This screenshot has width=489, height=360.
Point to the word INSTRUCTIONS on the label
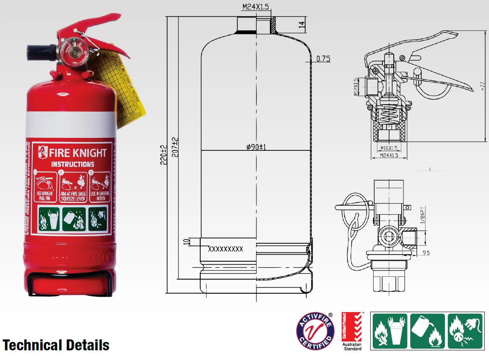(73, 164)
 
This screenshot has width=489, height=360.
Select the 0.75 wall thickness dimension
(323, 59)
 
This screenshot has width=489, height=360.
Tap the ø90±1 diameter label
(257, 147)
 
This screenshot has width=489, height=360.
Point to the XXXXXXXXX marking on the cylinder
(226, 249)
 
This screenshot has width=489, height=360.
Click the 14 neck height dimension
(301, 24)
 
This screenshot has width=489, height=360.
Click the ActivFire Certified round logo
(315, 331)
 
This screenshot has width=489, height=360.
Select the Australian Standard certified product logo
(351, 331)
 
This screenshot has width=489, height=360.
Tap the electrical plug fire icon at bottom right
(465, 331)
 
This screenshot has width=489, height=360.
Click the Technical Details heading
(56, 345)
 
